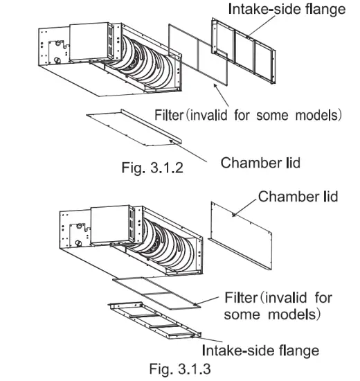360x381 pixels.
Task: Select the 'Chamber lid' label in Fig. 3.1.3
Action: tap(298, 196)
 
